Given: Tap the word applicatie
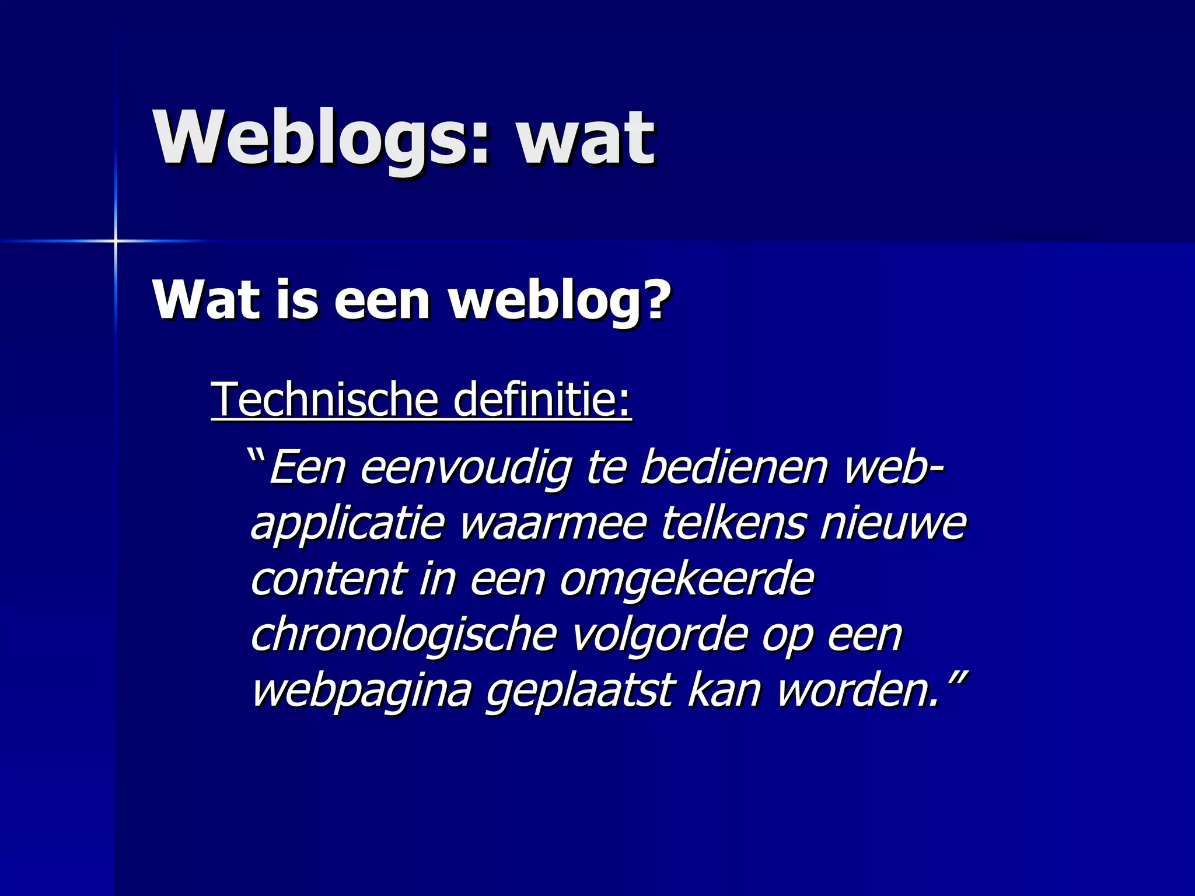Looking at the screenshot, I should click(348, 524).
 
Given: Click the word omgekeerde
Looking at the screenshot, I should click(686, 580).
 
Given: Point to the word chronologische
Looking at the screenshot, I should click(403, 635).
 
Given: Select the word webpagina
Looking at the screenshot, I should click(361, 691).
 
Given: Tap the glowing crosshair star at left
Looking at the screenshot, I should click(116, 240).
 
